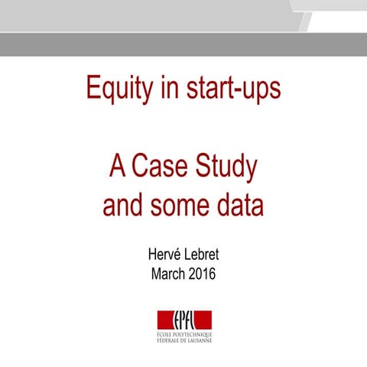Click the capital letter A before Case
(x=117, y=167)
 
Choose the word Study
(x=227, y=168)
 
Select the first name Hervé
(x=163, y=254)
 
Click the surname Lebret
(x=206, y=254)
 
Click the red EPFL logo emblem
(x=183, y=320)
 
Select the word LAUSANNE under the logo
(x=197, y=340)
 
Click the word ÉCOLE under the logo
(x=161, y=334)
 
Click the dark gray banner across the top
(x=183, y=44)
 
